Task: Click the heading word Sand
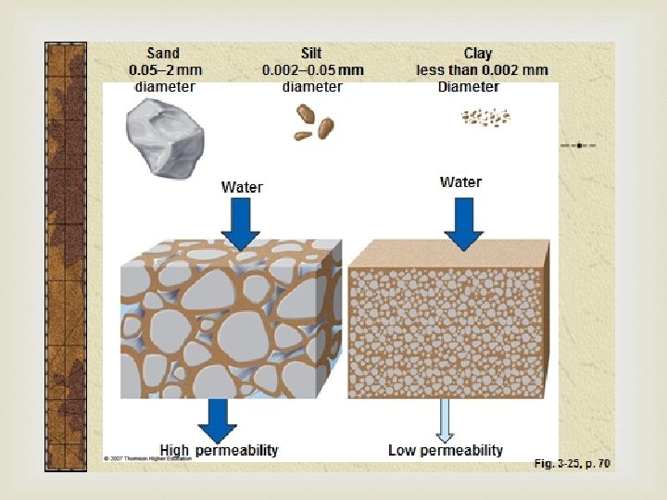tap(163, 54)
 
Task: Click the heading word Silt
tap(311, 54)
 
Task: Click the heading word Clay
tap(478, 54)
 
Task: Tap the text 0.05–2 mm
tap(165, 69)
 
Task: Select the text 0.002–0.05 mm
tap(313, 69)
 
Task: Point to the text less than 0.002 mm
tap(481, 69)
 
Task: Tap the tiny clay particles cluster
tap(485, 117)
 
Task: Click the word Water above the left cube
tap(242, 187)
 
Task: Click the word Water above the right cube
tap(460, 181)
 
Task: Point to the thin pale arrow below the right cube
tap(446, 421)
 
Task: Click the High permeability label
tap(219, 450)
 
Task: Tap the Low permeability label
tap(446, 450)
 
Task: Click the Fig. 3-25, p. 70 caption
tap(572, 463)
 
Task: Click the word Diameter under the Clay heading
tap(468, 87)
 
